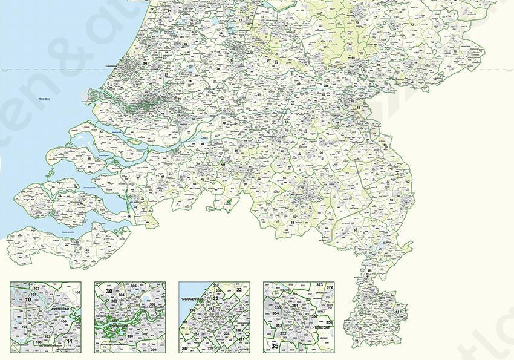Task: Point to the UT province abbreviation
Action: (268, 61)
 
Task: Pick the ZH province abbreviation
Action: (145, 63)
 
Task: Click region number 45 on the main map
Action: (87, 250)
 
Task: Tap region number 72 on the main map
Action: (412, 25)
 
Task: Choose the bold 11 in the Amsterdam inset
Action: (70, 342)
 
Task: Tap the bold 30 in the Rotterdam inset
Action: (109, 292)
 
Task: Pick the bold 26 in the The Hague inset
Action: (184, 348)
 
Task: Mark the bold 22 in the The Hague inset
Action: (239, 290)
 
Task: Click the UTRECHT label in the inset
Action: (313, 327)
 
